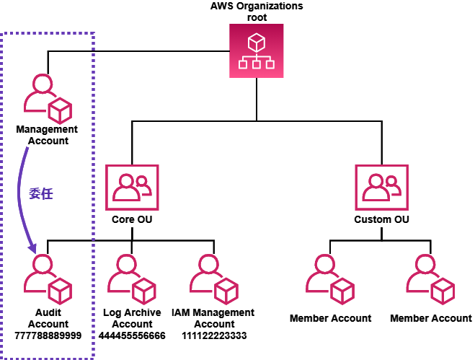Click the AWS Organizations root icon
coord(257,51)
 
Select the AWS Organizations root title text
coord(257,11)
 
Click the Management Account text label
coord(48,135)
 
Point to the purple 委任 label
coord(40,193)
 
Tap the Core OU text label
coord(132,219)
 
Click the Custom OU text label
coord(382,219)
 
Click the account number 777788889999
coord(48,335)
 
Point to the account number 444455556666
coord(132,335)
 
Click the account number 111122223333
coord(213,335)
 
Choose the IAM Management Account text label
coord(213,318)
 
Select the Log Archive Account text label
coord(132,318)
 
